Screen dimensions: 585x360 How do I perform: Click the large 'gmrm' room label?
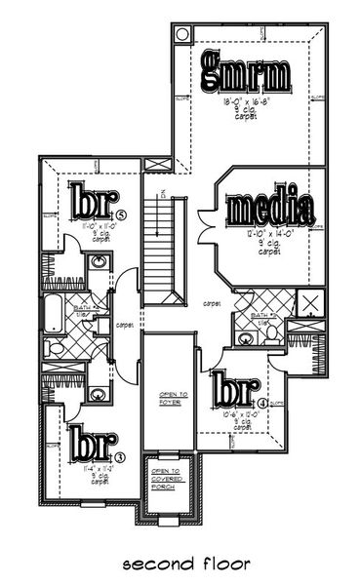click(x=246, y=73)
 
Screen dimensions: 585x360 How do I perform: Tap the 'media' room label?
click(x=269, y=209)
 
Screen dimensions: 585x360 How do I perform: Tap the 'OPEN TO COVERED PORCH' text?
click(x=164, y=477)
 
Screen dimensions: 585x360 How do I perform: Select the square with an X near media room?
click(x=313, y=304)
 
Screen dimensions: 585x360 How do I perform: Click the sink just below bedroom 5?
click(x=99, y=264)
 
